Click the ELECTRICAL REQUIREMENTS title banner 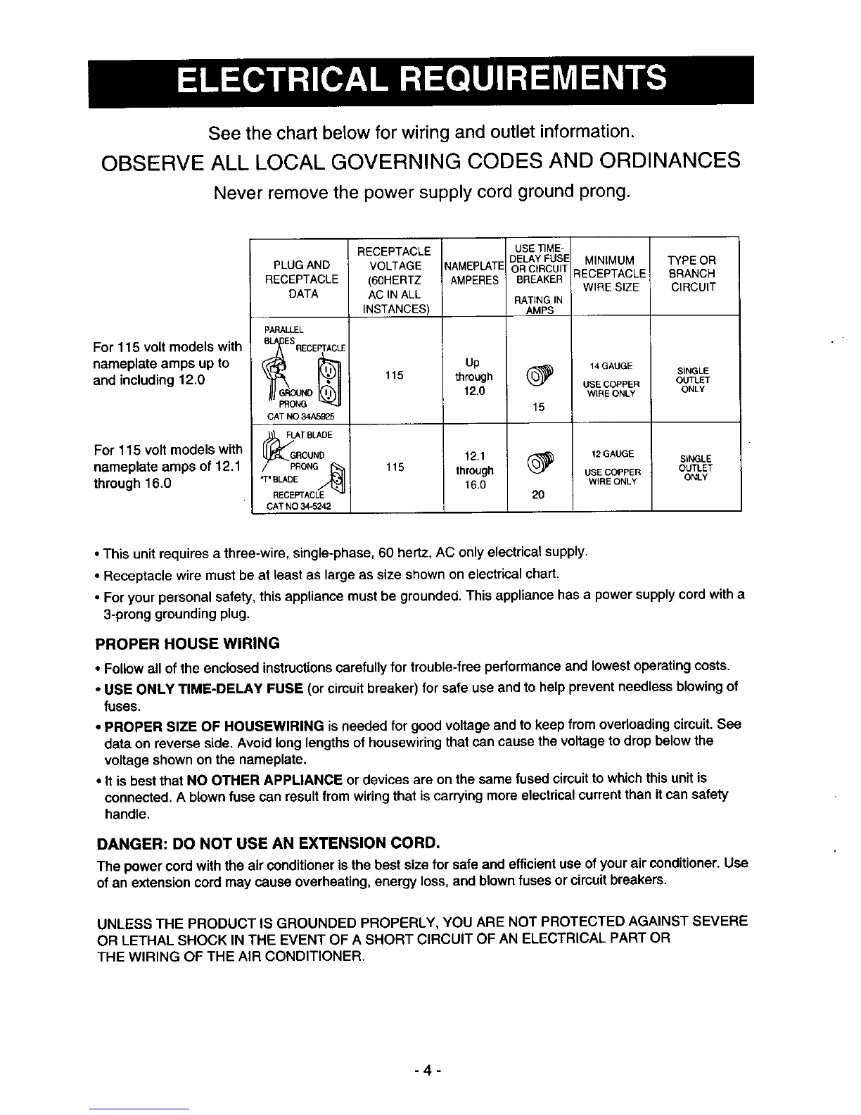pos(421,80)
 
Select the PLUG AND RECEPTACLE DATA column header pos(301,279)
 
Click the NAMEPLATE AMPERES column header pos(474,272)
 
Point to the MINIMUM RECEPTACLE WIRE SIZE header pos(610,273)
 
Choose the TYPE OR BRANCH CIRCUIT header pos(692,273)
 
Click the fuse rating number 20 pos(539,494)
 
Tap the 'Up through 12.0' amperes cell pos(473,377)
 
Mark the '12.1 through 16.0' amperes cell pos(473,470)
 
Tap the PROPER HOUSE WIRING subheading pos(187,643)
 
